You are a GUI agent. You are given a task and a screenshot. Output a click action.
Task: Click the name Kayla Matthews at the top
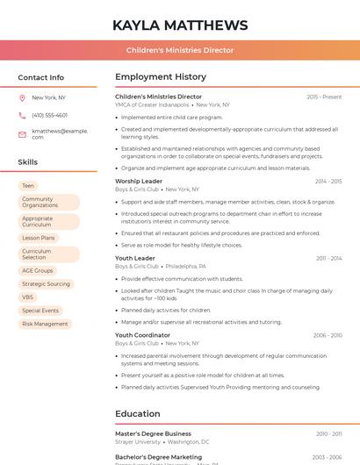tap(180, 25)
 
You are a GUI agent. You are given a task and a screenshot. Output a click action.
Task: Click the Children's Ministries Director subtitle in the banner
tap(180, 50)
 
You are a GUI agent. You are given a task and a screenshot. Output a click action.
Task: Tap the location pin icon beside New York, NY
tap(23, 97)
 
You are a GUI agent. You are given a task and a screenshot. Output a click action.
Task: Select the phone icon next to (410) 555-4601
tap(23, 115)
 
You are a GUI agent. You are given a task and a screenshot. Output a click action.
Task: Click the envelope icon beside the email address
tap(23, 133)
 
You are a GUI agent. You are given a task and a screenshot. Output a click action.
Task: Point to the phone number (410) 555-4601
tap(49, 115)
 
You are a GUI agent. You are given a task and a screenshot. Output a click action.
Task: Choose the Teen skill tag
tap(28, 186)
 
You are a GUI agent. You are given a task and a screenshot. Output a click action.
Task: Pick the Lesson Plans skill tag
tap(39, 238)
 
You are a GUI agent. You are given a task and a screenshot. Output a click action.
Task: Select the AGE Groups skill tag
tap(38, 271)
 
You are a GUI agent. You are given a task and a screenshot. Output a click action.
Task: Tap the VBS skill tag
tap(28, 297)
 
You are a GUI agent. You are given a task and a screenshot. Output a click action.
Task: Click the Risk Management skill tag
tap(45, 324)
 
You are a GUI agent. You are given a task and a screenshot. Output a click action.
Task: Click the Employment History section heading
tap(161, 77)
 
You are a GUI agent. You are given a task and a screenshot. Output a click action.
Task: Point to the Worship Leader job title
tap(139, 182)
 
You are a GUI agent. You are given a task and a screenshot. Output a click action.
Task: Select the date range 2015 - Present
tap(324, 97)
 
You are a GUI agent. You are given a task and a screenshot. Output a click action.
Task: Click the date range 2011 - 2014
tap(328, 259)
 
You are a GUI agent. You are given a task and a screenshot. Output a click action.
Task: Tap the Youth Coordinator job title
tap(142, 335)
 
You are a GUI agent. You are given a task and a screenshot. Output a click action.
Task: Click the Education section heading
tap(138, 414)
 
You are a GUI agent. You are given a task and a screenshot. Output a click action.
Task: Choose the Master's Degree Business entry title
tap(153, 433)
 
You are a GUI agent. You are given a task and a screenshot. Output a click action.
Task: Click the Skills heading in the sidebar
tap(28, 162)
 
